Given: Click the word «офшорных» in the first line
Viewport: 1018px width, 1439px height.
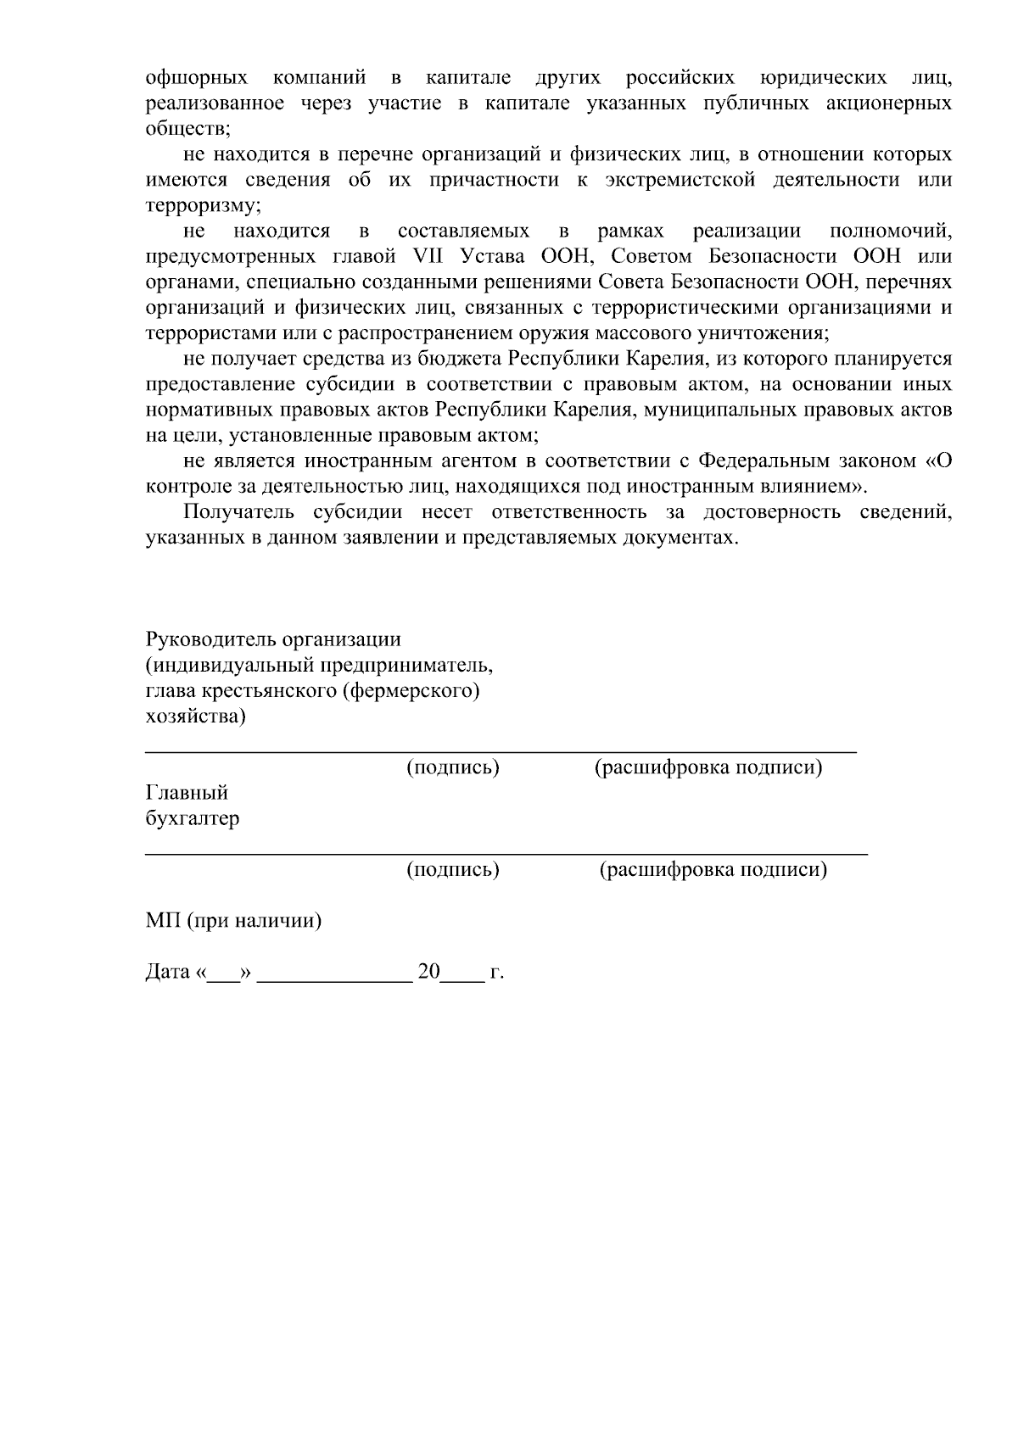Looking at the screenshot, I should coord(197,79).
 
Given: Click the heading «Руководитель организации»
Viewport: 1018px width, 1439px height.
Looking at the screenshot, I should coord(273,639).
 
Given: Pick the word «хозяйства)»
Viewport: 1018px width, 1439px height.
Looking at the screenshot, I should coord(196,717).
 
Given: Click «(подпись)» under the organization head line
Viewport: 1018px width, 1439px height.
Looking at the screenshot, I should coord(453,768).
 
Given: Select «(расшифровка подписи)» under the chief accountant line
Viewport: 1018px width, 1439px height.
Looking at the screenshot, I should coord(713,870).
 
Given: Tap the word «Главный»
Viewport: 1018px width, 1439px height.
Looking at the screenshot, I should coord(187,794).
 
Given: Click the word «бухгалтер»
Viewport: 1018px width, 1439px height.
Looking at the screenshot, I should coord(193,819).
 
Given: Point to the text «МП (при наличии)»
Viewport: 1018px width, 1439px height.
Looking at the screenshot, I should coord(233,921).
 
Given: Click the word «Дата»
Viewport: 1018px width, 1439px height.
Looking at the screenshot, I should coord(168,972).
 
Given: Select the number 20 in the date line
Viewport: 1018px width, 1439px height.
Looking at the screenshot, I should coord(428,972).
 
